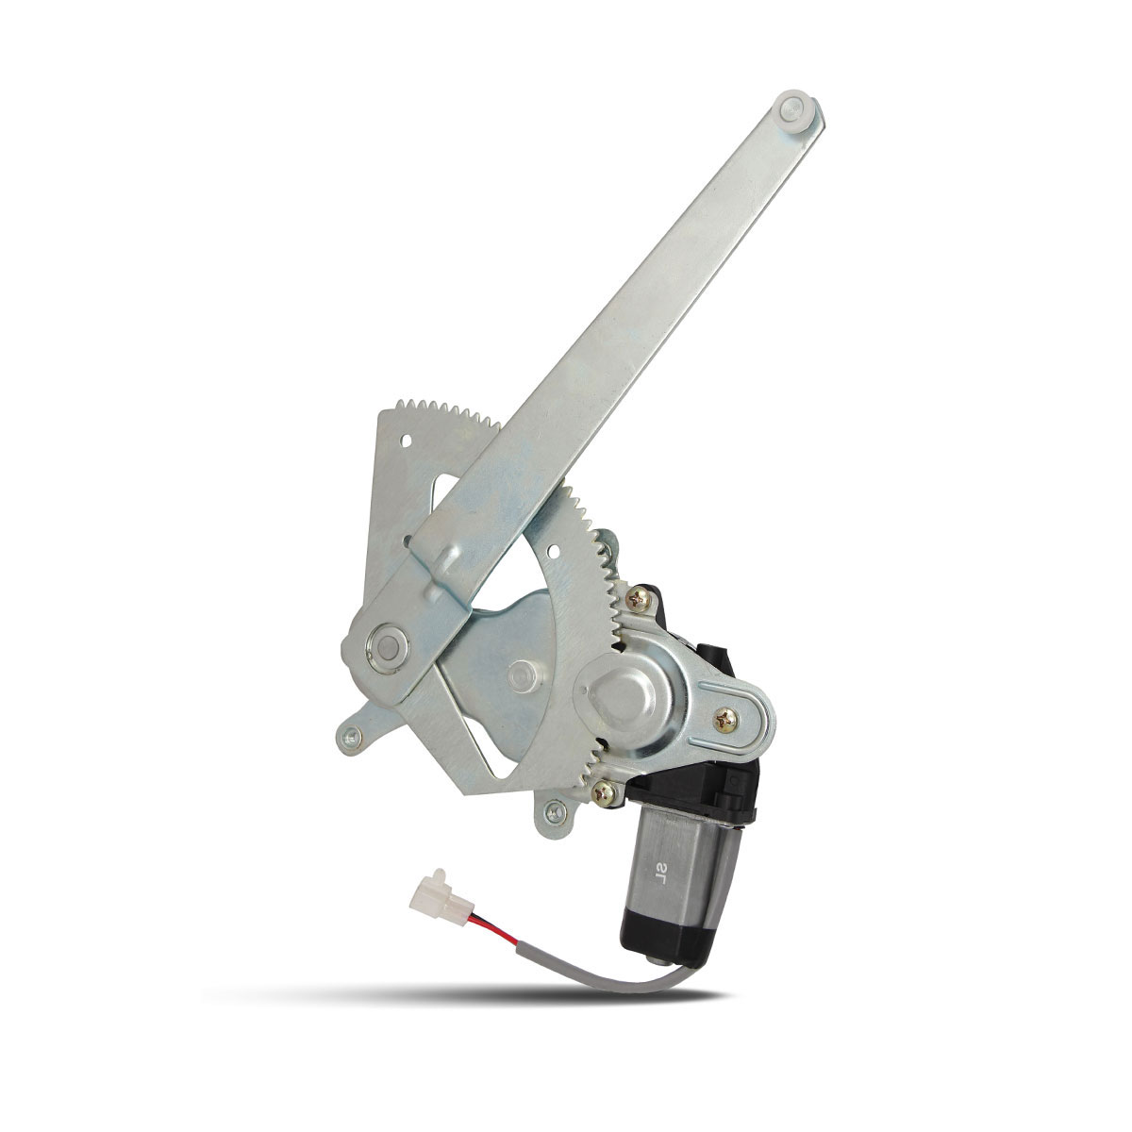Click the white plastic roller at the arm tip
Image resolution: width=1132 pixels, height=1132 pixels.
[795, 109]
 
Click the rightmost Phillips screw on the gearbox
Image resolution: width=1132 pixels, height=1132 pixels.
[726, 719]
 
